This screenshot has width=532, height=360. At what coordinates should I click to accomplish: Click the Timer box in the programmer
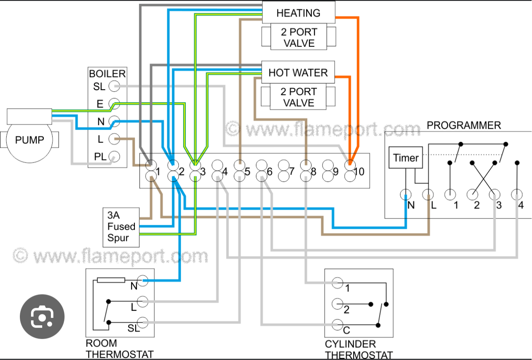(x=406, y=158)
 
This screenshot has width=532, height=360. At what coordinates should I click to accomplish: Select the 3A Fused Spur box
(x=121, y=226)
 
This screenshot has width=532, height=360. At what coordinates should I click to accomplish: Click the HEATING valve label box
(x=298, y=13)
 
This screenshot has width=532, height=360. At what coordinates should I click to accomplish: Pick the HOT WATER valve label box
(x=298, y=73)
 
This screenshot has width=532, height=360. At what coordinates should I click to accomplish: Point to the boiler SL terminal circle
(x=114, y=86)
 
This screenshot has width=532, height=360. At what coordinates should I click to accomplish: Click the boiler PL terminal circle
(x=114, y=157)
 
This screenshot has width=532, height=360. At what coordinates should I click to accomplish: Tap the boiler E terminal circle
(x=114, y=104)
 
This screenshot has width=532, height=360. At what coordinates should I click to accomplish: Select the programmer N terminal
(x=406, y=194)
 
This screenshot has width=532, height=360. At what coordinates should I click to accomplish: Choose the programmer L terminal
(x=428, y=194)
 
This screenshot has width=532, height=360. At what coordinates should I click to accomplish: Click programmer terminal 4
(x=517, y=194)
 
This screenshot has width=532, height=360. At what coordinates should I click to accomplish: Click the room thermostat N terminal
(x=143, y=281)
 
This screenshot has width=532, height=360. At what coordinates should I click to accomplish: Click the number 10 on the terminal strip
(x=359, y=171)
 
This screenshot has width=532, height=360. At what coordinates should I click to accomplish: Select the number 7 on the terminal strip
(x=292, y=171)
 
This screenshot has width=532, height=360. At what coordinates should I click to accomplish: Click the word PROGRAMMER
(x=464, y=125)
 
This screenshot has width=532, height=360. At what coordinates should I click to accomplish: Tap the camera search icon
(x=42, y=317)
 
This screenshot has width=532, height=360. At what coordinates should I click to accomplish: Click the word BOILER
(x=107, y=74)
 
